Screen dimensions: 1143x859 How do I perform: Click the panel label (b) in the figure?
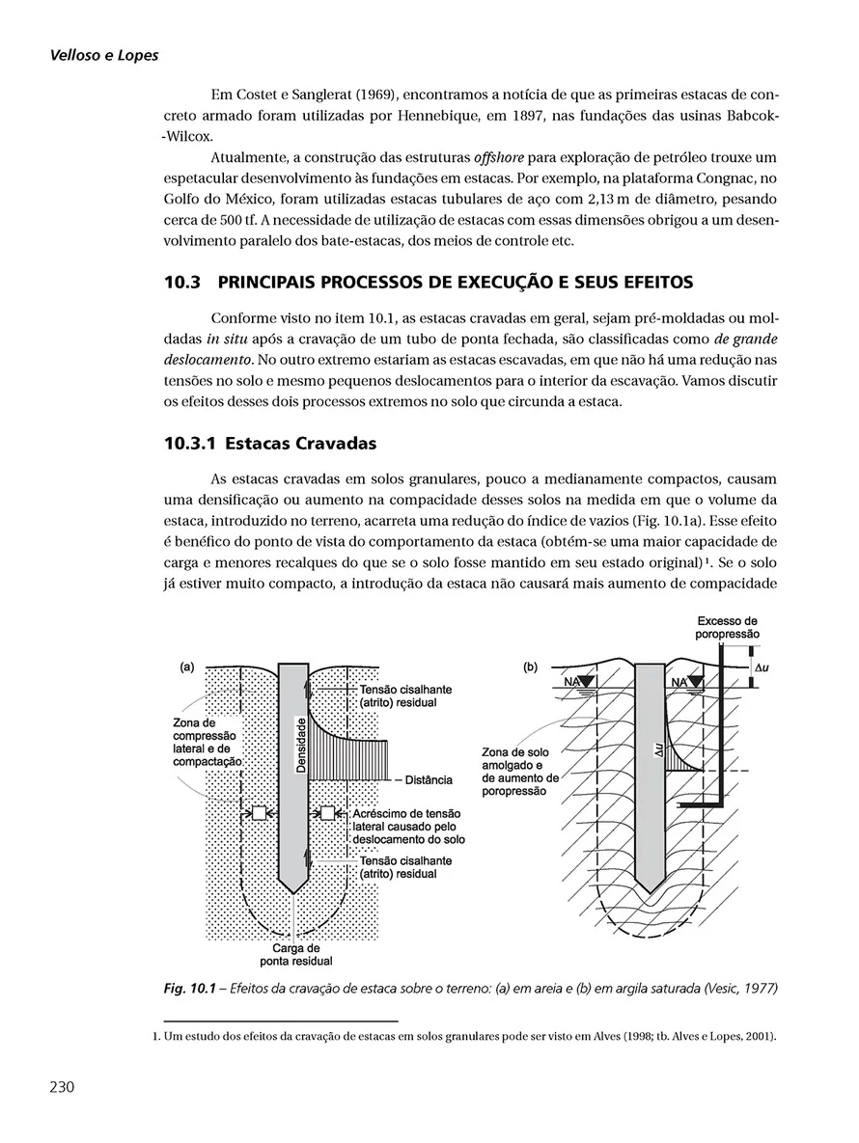coord(530,666)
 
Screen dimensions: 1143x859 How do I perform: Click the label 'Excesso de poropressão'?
coord(727,627)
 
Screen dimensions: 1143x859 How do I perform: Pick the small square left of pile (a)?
coord(259,812)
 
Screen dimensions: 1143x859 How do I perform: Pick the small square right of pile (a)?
coord(327,812)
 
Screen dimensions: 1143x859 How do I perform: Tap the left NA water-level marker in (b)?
coord(578,682)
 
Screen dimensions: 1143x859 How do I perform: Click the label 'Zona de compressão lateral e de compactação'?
coord(204,741)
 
